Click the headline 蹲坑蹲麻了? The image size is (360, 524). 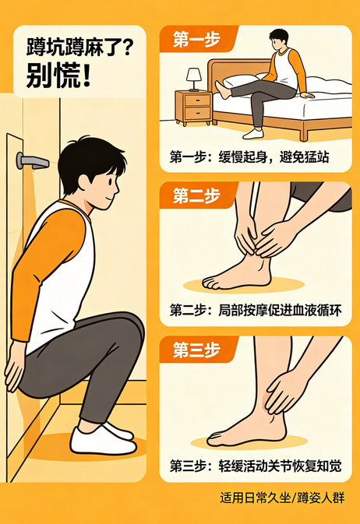tap(78, 46)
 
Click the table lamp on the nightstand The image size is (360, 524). tap(194, 78)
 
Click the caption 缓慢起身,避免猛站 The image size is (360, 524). tap(249, 157)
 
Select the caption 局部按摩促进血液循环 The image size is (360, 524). tap(255, 309)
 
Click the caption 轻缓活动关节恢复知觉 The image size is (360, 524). tap(255, 466)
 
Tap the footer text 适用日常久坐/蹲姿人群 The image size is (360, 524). tap(282, 498)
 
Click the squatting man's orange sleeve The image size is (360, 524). tap(43, 257)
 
